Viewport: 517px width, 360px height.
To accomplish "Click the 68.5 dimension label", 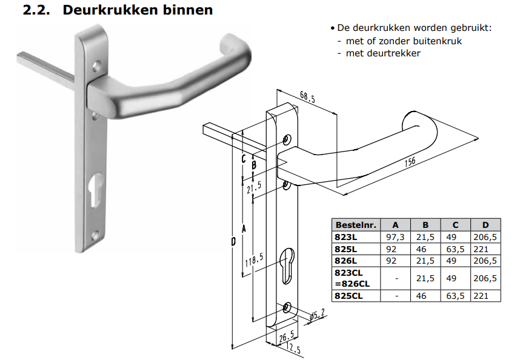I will click(x=307, y=97).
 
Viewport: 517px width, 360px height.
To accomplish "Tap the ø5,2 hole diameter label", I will click(x=317, y=315).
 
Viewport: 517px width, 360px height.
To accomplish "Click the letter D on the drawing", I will click(x=233, y=242).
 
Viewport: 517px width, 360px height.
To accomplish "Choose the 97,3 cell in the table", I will click(x=395, y=237).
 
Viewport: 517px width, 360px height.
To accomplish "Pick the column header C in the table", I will click(x=456, y=225).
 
